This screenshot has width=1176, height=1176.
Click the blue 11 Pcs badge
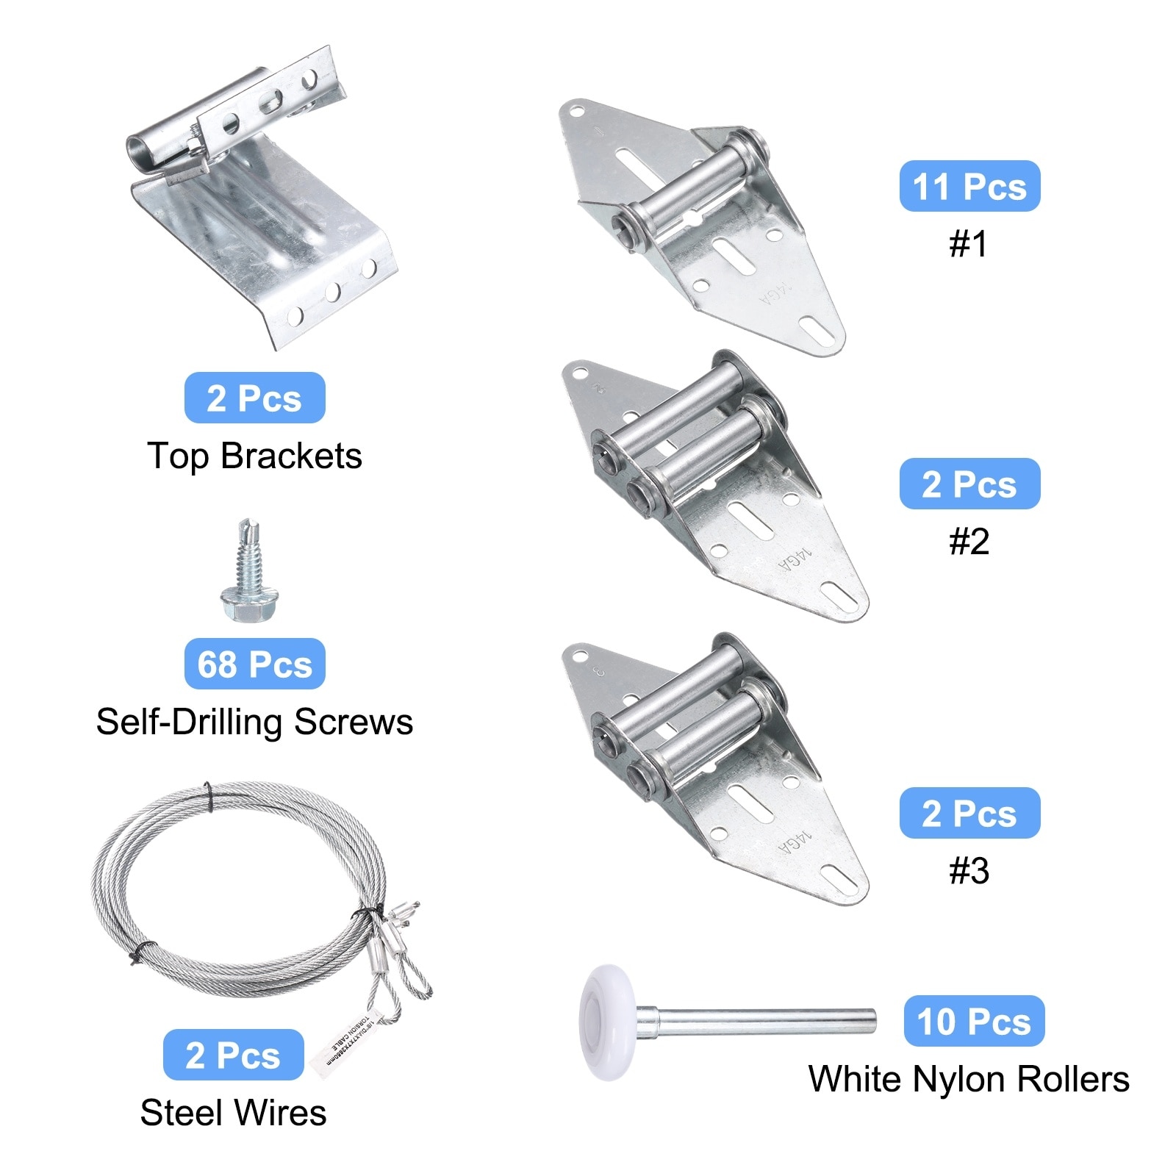(x=969, y=186)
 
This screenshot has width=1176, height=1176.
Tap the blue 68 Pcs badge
(x=254, y=664)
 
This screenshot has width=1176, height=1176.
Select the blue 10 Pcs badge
(x=973, y=1021)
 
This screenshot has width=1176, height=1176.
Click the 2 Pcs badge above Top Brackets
(x=254, y=398)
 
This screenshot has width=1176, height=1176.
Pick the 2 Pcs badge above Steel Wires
(x=233, y=1055)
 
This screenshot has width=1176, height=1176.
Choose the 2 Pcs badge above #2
(x=969, y=484)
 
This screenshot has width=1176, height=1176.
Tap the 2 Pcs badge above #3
(x=969, y=813)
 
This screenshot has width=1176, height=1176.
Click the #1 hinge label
(x=969, y=244)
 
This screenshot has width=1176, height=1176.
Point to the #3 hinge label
(x=969, y=871)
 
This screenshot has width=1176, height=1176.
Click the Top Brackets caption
(x=254, y=456)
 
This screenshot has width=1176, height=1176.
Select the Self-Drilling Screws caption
(x=254, y=722)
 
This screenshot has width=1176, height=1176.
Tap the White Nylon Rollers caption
(x=969, y=1079)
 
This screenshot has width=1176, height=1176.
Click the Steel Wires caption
(x=233, y=1112)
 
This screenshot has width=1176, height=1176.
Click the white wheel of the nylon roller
(x=608, y=1022)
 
